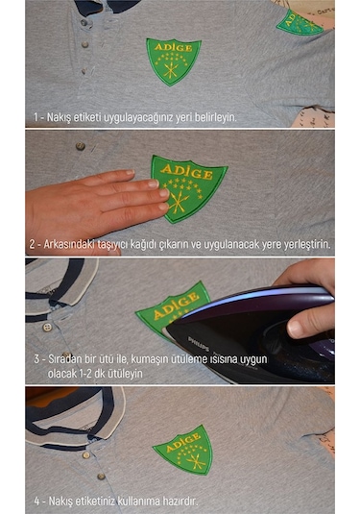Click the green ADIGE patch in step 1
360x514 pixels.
point(173,61)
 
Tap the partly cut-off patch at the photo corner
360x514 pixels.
point(300,22)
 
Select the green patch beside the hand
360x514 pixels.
point(188,186)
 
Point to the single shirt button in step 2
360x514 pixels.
point(80,147)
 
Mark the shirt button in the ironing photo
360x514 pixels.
point(47,327)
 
